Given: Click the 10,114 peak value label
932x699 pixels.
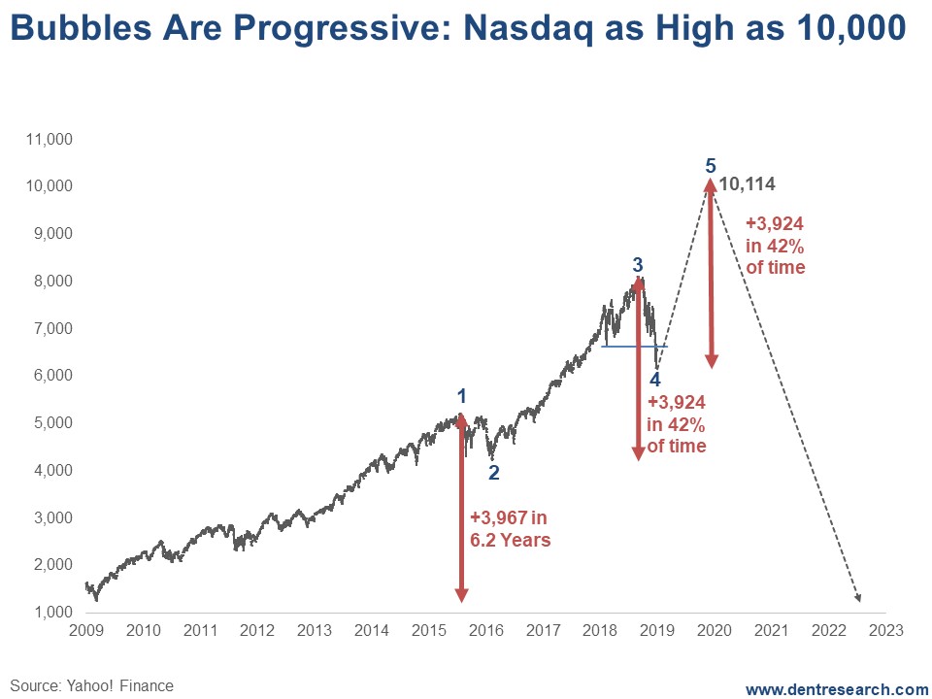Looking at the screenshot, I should click(747, 184).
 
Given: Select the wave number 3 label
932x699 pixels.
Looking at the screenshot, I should click(637, 264).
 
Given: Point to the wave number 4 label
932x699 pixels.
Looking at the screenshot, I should click(655, 380).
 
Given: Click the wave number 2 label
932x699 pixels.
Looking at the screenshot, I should click(493, 473).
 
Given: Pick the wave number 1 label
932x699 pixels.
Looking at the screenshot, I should click(462, 396).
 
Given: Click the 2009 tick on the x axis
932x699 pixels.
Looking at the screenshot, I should click(86, 631).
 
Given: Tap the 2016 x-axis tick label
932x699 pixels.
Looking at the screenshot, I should click(485, 631).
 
